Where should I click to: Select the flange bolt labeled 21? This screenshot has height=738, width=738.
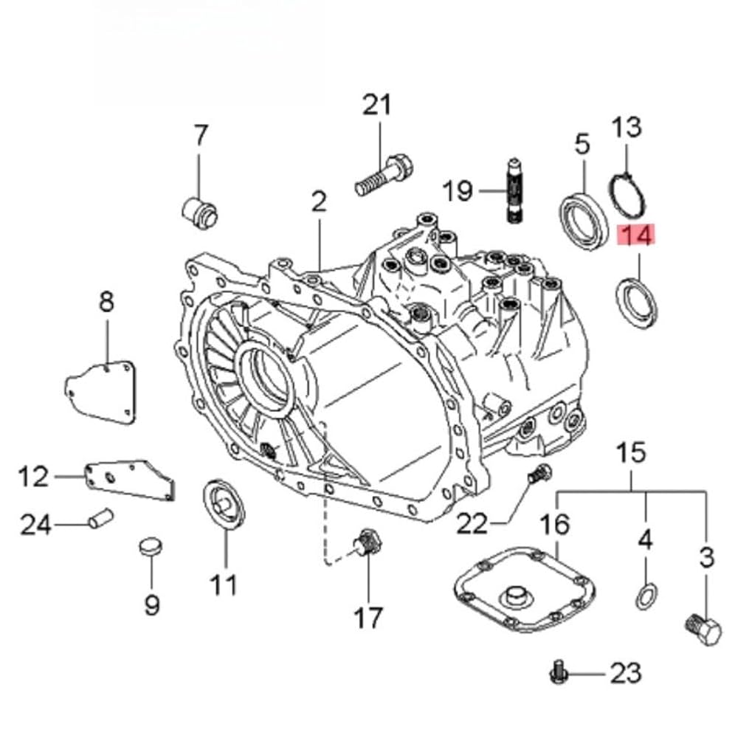384,176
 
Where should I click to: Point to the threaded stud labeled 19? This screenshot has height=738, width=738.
514,190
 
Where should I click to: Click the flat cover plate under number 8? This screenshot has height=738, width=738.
100,392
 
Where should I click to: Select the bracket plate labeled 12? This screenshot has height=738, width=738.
130,480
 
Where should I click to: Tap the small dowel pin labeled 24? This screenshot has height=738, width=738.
100,519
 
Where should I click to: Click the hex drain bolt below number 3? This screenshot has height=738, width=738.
703,630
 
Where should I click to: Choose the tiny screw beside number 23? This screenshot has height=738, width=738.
558,673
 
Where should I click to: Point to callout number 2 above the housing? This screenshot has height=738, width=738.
319,201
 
